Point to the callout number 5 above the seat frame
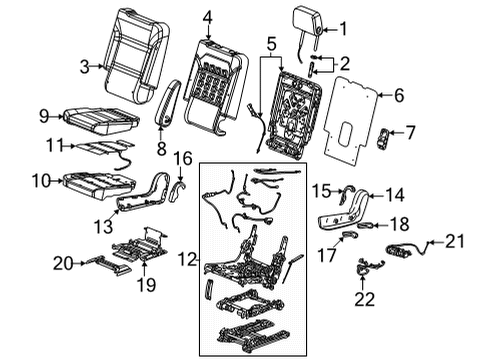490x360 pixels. pos(270,45)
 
